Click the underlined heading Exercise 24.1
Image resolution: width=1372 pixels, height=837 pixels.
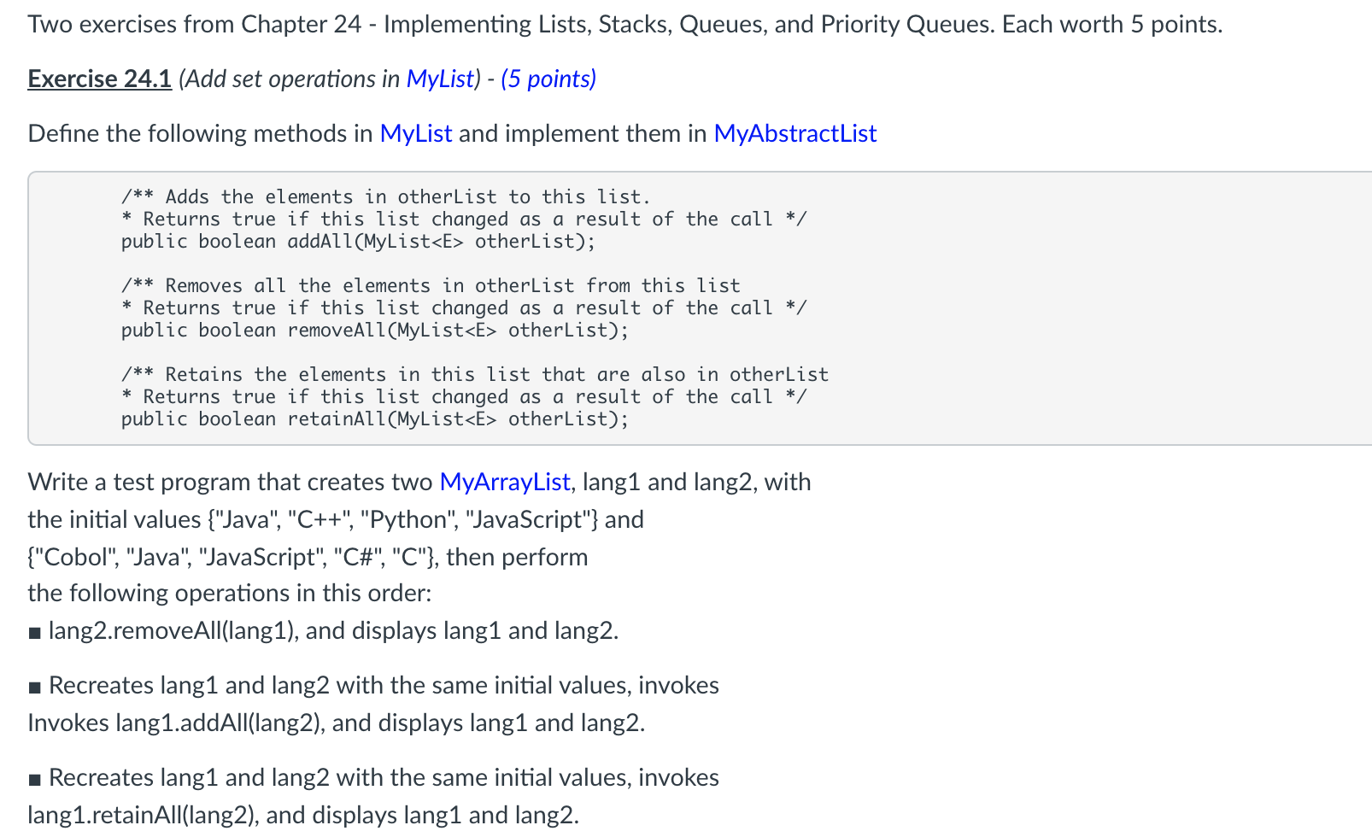pos(99,79)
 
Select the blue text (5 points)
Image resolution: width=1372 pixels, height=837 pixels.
pos(548,79)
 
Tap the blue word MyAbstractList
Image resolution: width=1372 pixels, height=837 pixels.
pos(794,133)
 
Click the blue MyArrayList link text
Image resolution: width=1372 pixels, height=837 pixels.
pos(504,482)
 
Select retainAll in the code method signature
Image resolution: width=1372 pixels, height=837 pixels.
pos(337,418)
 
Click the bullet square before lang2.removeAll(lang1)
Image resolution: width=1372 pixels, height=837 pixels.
pos(34,633)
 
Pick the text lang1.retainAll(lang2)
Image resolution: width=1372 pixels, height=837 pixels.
pos(141,816)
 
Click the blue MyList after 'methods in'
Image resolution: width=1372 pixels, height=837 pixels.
pos(415,133)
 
